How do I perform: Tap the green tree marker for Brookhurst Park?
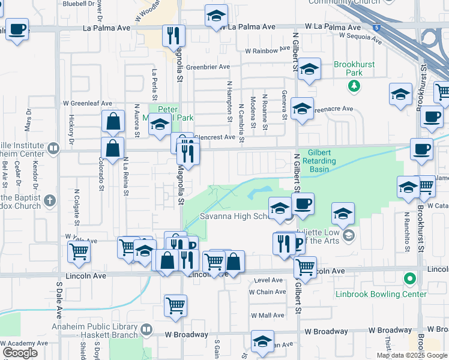355,85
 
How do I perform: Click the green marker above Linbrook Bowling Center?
410,279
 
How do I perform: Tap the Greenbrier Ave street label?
208,67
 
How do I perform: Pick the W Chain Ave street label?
268,292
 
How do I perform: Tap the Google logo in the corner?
20,353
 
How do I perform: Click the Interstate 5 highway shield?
376,28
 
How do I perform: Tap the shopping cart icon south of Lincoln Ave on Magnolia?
175,305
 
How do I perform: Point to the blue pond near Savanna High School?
259,193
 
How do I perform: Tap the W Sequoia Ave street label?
360,38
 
